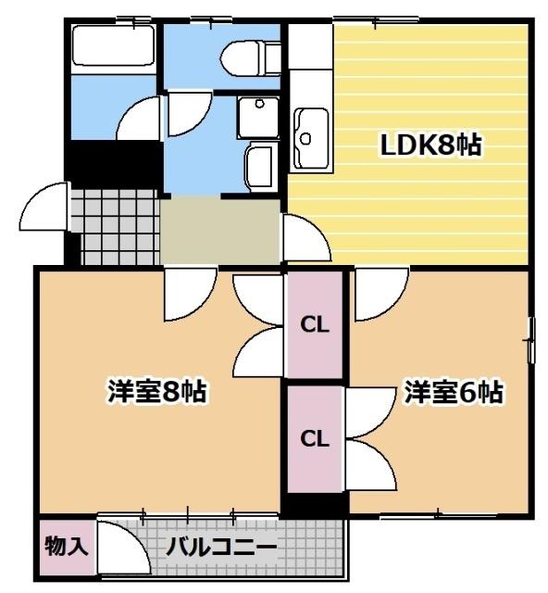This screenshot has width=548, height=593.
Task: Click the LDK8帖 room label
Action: point(430,145)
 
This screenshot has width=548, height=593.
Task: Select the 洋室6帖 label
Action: point(453,392)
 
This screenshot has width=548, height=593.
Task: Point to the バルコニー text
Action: point(221,547)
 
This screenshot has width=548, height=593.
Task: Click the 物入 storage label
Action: point(66,545)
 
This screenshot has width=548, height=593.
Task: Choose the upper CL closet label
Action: point(315,326)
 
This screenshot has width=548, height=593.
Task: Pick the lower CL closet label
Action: point(315,438)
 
